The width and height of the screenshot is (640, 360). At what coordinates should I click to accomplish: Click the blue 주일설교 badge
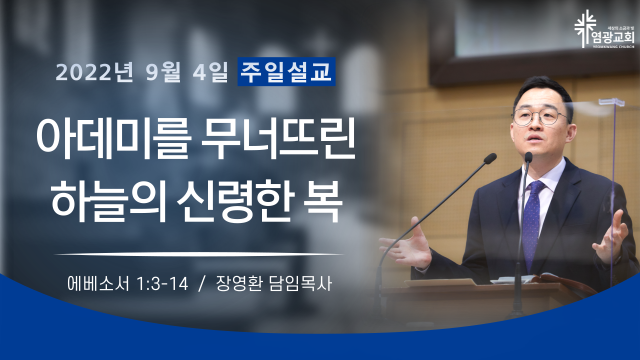tap(286, 71)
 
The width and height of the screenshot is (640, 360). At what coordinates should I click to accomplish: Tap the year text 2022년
tap(94, 71)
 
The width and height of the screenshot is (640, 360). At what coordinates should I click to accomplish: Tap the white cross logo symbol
tap(585, 28)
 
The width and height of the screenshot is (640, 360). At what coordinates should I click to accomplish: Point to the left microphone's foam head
tap(490, 158)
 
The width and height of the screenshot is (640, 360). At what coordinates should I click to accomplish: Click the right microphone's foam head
tap(528, 157)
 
